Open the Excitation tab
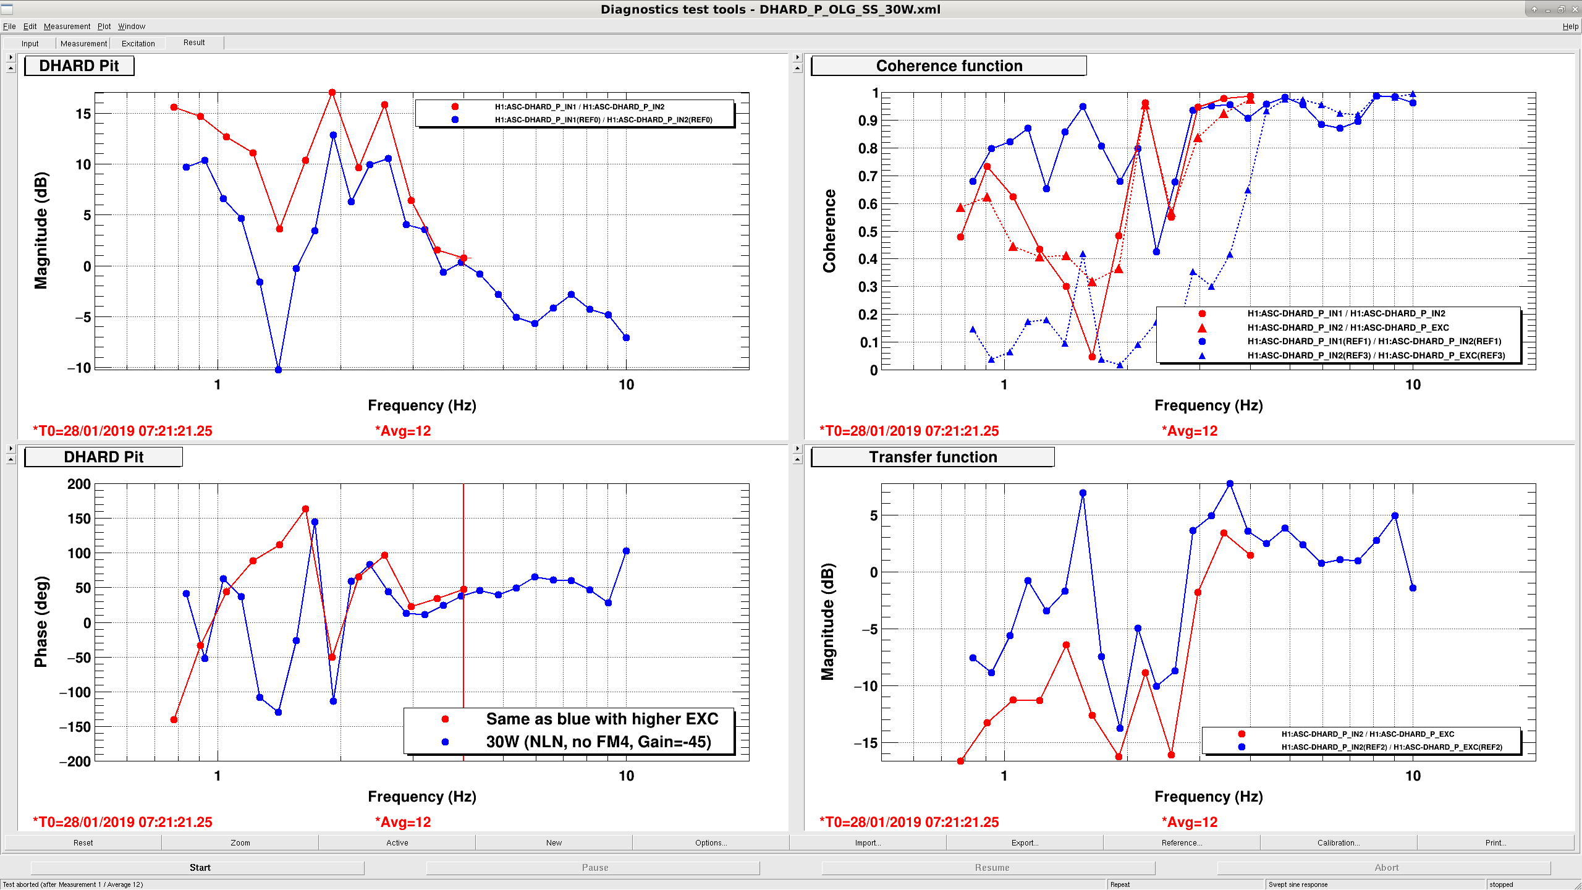pos(138,43)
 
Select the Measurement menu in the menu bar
pos(67,27)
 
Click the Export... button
pos(1024,842)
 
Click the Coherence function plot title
pos(949,66)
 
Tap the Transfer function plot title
pos(933,457)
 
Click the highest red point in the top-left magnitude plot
pos(332,93)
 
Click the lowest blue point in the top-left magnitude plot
pos(278,370)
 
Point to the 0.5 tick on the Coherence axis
pos(868,232)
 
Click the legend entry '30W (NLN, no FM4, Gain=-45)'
pos(598,742)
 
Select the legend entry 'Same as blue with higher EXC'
pos(602,719)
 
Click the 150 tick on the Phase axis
pos(79,519)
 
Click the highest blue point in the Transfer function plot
pos(1230,484)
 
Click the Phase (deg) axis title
pos(41,622)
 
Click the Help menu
pos(1570,27)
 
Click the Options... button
pos(711,842)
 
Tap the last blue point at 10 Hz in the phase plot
pos(626,551)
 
